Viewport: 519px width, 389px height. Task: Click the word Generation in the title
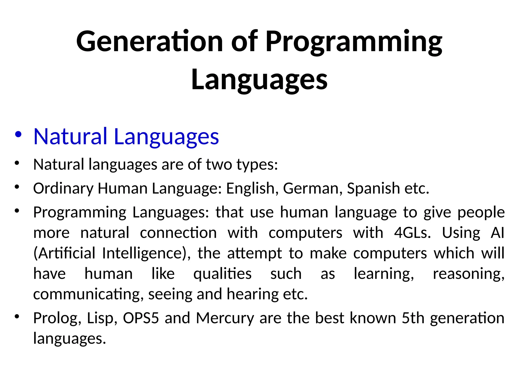[150, 41]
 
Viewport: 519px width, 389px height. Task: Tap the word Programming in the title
[354, 41]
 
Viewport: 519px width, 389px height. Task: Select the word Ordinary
[63, 188]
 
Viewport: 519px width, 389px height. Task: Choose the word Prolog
[57, 318]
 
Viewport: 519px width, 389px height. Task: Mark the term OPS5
[141, 318]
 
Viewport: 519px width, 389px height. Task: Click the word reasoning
[468, 274]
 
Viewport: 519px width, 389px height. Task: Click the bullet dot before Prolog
[17, 316]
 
